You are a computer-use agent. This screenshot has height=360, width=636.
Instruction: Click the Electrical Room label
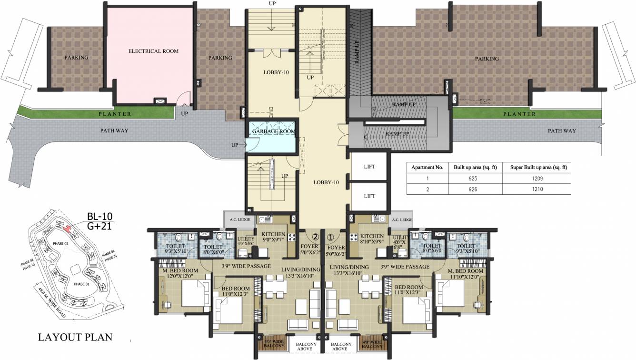click(153, 51)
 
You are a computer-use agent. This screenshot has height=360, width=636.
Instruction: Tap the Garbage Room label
click(274, 131)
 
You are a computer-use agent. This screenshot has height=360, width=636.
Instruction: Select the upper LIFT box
click(369, 167)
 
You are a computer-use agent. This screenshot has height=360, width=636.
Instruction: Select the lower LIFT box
click(369, 196)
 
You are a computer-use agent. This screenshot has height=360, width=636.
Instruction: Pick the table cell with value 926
click(472, 189)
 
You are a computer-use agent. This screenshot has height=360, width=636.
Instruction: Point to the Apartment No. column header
click(427, 168)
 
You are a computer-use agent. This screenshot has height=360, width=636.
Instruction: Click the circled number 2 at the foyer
click(315, 236)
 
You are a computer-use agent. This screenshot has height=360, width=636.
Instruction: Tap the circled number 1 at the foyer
click(330, 236)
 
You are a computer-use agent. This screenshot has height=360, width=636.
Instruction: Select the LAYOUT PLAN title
click(75, 337)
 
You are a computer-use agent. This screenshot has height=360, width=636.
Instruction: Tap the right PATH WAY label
click(562, 130)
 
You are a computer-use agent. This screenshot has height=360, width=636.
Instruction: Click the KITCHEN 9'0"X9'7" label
click(273, 237)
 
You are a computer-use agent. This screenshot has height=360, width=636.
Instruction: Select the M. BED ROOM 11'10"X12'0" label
click(466, 274)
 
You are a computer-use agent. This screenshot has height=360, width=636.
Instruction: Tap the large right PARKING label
click(487, 59)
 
